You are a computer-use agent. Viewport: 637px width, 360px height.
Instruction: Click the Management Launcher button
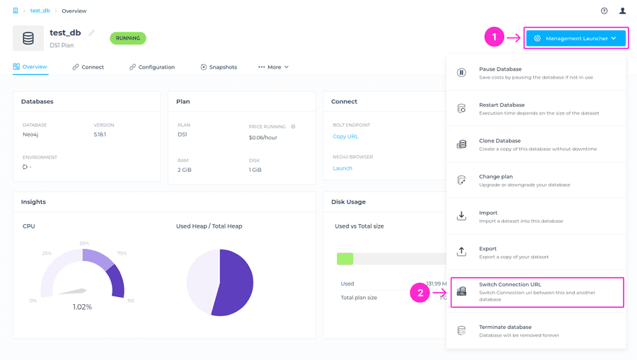point(575,38)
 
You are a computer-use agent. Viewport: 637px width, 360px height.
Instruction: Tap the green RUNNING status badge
point(128,38)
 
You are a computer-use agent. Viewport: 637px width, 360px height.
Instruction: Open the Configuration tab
point(152,67)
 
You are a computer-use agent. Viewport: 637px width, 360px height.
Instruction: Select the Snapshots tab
point(219,67)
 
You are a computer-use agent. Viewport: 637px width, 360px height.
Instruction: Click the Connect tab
point(88,67)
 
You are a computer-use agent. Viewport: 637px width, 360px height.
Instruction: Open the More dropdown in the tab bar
point(274,67)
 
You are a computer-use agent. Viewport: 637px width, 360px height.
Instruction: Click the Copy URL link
point(345,137)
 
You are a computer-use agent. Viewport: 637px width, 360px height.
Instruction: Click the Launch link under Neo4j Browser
point(343,168)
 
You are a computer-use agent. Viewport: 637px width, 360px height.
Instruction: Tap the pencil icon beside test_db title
point(92,33)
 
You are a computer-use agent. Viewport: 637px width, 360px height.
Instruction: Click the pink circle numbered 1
point(494,37)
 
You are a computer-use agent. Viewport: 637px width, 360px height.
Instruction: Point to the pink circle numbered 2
point(420,292)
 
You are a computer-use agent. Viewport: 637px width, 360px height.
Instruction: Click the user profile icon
point(622,11)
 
